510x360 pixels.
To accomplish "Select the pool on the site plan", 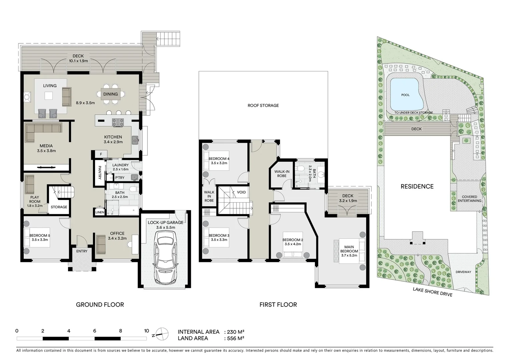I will click(x=405, y=94).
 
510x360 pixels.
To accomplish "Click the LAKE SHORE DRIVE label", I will click(x=432, y=292).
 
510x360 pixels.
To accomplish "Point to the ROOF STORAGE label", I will click(x=263, y=105).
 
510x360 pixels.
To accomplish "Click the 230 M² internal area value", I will click(x=235, y=332).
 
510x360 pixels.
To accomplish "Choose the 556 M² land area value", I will click(x=235, y=339).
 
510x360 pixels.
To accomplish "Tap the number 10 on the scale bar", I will click(x=146, y=331).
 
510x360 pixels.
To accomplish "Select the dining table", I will click(x=110, y=94).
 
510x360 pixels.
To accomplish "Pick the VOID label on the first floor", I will click(x=241, y=192).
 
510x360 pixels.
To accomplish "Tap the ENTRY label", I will click(x=82, y=251).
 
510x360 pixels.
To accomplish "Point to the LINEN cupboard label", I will click(x=100, y=212).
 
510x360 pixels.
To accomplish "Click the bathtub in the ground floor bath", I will click(x=128, y=210).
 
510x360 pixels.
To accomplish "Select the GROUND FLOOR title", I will click(x=100, y=305).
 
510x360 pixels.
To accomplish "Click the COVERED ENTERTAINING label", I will click(x=469, y=199).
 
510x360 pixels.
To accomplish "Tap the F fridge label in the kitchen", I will click(x=101, y=154).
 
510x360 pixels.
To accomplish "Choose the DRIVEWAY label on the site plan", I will click(x=463, y=272).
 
